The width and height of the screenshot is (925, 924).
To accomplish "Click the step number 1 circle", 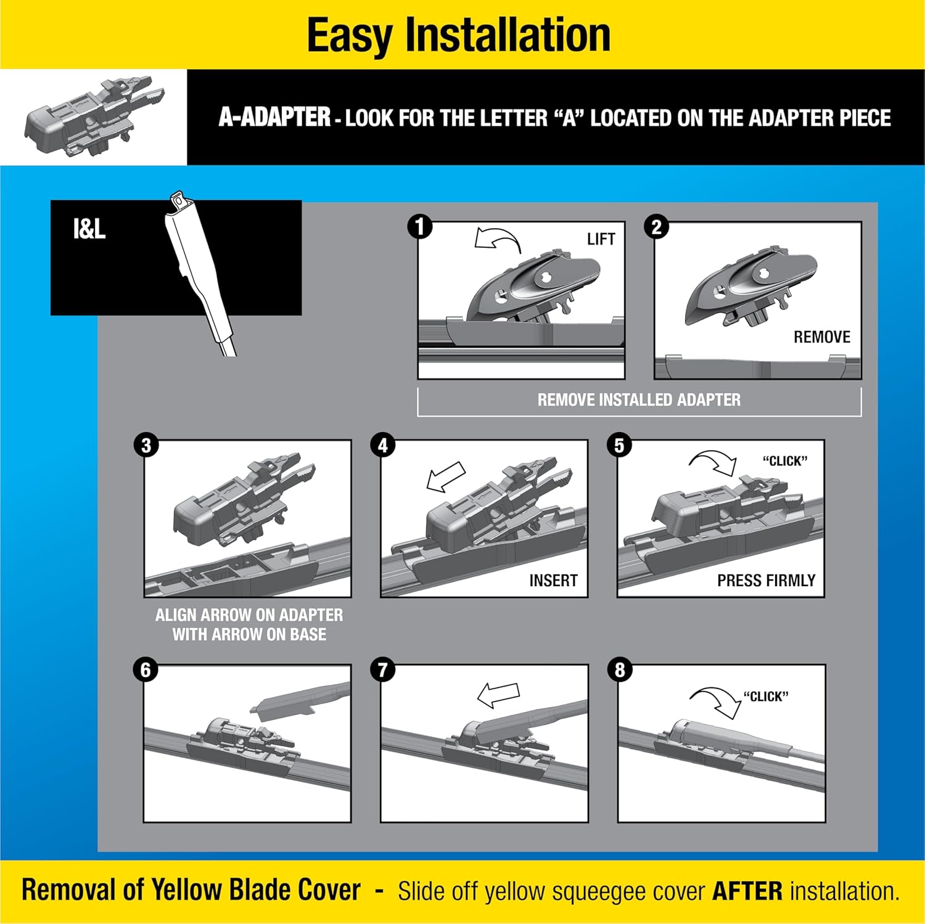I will tap(420, 227).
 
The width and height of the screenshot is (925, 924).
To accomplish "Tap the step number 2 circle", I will tap(656, 227).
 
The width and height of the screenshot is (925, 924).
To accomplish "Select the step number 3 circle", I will tap(146, 446).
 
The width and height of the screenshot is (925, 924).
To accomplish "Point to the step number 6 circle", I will tap(146, 670).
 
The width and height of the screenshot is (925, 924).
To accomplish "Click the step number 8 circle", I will tap(620, 670).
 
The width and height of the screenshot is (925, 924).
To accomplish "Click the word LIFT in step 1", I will tap(601, 239).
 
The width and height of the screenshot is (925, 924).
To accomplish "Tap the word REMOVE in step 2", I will tap(821, 337).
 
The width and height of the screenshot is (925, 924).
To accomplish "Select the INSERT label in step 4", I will tap(553, 581).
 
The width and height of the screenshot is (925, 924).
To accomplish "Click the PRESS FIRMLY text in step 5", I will tap(766, 581).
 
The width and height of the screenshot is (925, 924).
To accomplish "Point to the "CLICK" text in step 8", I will tap(766, 697).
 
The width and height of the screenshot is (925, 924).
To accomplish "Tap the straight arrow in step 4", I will tap(446, 477).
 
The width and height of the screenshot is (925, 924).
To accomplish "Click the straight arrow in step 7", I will tap(498, 695).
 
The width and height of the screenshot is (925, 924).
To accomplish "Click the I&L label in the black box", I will tap(89, 229).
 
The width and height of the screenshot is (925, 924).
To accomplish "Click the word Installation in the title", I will tap(507, 35).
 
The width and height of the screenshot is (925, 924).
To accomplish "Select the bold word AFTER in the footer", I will tap(747, 891).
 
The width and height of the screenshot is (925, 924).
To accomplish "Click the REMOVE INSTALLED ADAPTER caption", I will tap(639, 400).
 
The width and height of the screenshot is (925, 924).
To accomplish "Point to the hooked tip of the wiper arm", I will tap(179, 200).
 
